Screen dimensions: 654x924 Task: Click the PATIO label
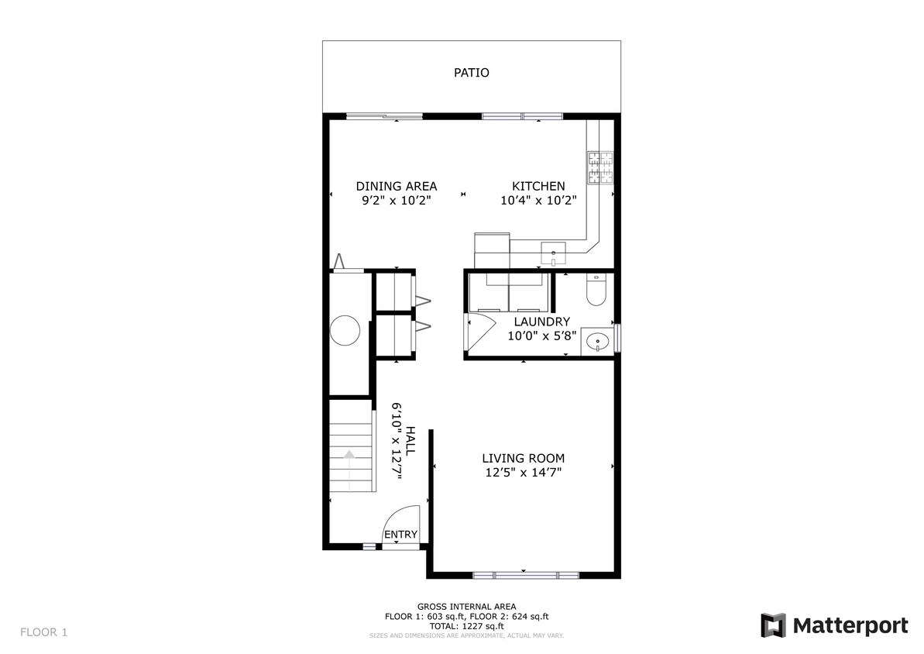[471, 73]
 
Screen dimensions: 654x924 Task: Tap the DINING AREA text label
[396, 186]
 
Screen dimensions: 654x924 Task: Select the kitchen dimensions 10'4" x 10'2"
[538, 200]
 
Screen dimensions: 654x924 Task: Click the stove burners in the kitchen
[601, 168]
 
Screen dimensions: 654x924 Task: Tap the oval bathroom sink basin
[597, 340]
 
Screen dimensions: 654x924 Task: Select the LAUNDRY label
[541, 322]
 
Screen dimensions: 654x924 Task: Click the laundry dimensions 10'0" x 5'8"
[541, 336]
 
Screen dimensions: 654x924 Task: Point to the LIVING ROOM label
[523, 458]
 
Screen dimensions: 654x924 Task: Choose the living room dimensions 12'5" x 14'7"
[523, 472]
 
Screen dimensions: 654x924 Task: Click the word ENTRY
[400, 535]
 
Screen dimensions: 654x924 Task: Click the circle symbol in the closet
[345, 331]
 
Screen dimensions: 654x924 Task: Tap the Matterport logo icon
[773, 625]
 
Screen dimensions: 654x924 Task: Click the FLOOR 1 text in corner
[43, 632]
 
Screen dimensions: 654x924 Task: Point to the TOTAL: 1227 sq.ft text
[466, 626]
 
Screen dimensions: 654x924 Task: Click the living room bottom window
[525, 575]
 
